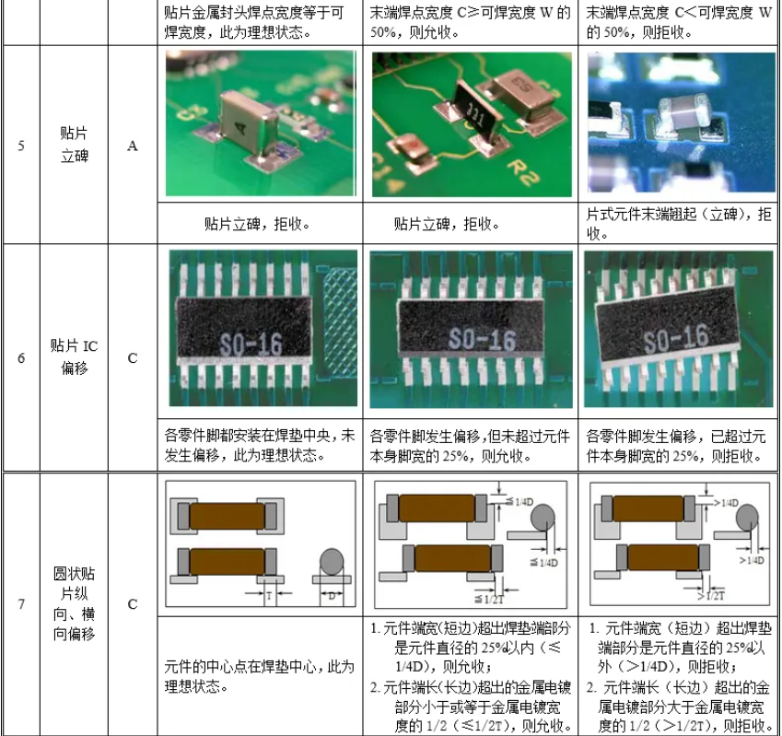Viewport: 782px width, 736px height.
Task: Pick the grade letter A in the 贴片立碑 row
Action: tap(133, 146)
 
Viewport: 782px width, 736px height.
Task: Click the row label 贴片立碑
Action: tap(75, 145)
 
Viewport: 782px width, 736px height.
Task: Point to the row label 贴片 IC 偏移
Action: tap(74, 357)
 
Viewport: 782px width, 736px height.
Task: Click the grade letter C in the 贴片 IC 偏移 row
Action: tap(133, 357)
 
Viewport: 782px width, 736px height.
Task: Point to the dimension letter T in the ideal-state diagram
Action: tap(267, 596)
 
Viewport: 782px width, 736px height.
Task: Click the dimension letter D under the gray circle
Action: tap(331, 598)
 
